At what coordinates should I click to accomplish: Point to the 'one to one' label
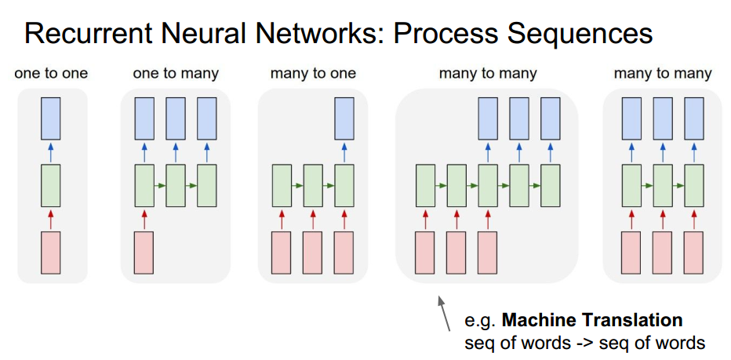(51, 74)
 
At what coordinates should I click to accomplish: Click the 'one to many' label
(176, 74)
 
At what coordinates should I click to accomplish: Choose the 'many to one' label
(313, 74)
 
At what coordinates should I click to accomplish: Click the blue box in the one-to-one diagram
(51, 118)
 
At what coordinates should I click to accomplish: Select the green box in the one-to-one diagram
(51, 185)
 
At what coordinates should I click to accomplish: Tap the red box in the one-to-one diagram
(51, 253)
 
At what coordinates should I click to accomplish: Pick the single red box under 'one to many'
(144, 253)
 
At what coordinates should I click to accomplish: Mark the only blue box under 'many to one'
(344, 118)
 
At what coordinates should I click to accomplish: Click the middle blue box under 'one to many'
(176, 118)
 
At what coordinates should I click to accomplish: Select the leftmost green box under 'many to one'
(282, 185)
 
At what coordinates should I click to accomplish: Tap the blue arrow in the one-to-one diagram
(51, 151)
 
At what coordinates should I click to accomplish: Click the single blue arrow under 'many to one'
(344, 151)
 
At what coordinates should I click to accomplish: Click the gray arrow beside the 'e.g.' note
(445, 313)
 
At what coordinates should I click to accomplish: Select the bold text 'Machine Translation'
(592, 320)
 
